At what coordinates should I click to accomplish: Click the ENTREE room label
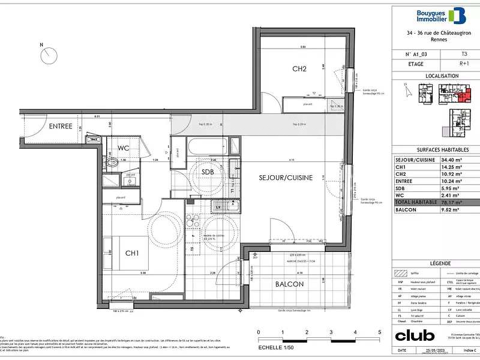(x=61, y=126)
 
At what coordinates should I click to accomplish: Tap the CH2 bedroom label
(x=299, y=69)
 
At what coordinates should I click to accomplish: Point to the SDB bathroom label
(x=208, y=172)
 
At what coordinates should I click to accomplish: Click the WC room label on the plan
(x=124, y=148)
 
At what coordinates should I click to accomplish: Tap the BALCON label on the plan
(x=289, y=284)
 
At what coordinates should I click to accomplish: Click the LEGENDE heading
(x=436, y=264)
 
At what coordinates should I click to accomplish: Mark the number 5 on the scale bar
(x=380, y=332)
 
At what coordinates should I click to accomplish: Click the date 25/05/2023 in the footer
(x=436, y=350)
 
